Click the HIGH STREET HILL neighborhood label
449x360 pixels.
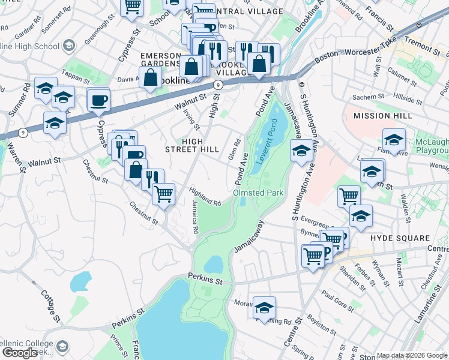[191, 146]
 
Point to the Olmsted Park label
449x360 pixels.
[258, 193]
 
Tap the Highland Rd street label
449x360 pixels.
[205, 196]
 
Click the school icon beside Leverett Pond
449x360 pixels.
[301, 151]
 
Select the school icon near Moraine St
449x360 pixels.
[264, 307]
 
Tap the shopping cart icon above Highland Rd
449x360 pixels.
[163, 194]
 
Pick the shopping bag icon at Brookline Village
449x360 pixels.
[259, 63]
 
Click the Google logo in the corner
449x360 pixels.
[20, 353]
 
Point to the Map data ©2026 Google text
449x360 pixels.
[412, 356]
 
